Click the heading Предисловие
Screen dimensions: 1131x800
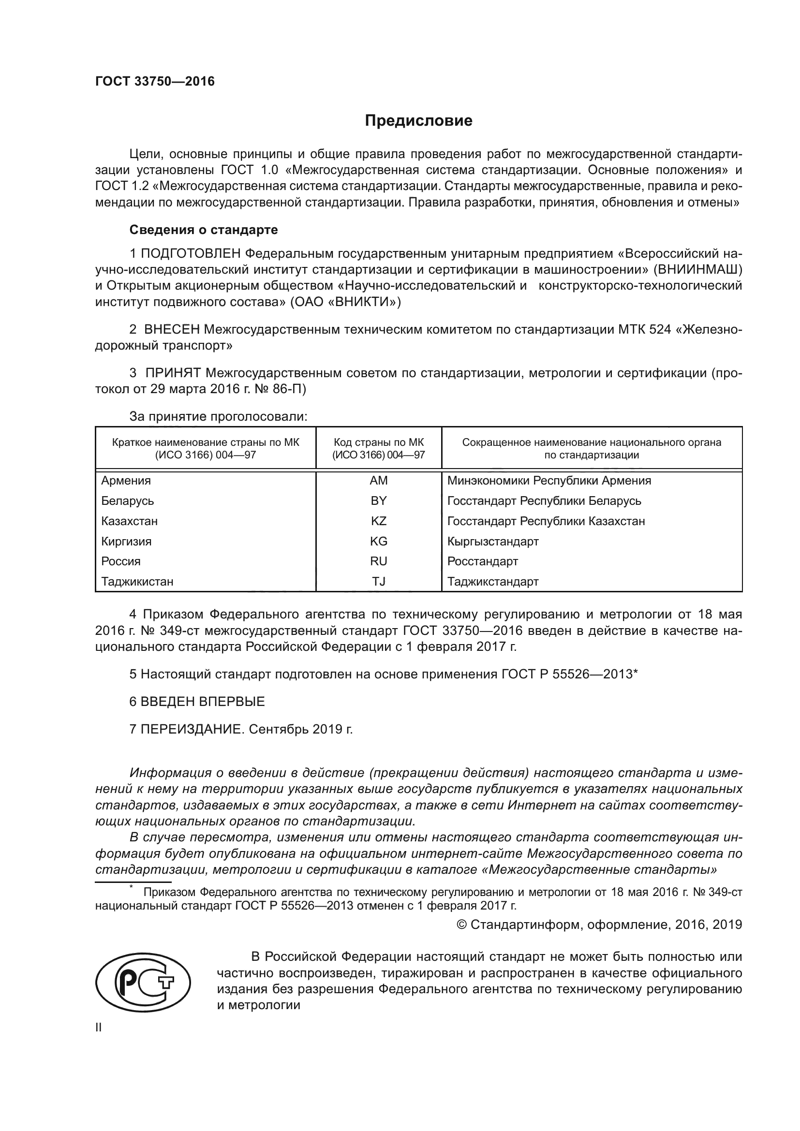418,121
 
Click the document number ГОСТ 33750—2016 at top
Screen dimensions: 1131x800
155,81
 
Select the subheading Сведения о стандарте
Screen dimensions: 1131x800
204,230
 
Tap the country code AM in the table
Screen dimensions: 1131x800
378,480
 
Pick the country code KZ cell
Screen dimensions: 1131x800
378,521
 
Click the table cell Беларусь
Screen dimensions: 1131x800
128,500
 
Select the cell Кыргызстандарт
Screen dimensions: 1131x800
492,542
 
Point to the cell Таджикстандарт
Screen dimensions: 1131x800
492,581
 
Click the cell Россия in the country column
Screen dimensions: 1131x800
121,561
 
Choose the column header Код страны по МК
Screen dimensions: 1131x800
378,442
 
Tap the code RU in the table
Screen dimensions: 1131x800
378,561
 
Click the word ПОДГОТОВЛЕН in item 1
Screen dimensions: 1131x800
191,254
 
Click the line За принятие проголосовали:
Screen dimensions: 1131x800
218,417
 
